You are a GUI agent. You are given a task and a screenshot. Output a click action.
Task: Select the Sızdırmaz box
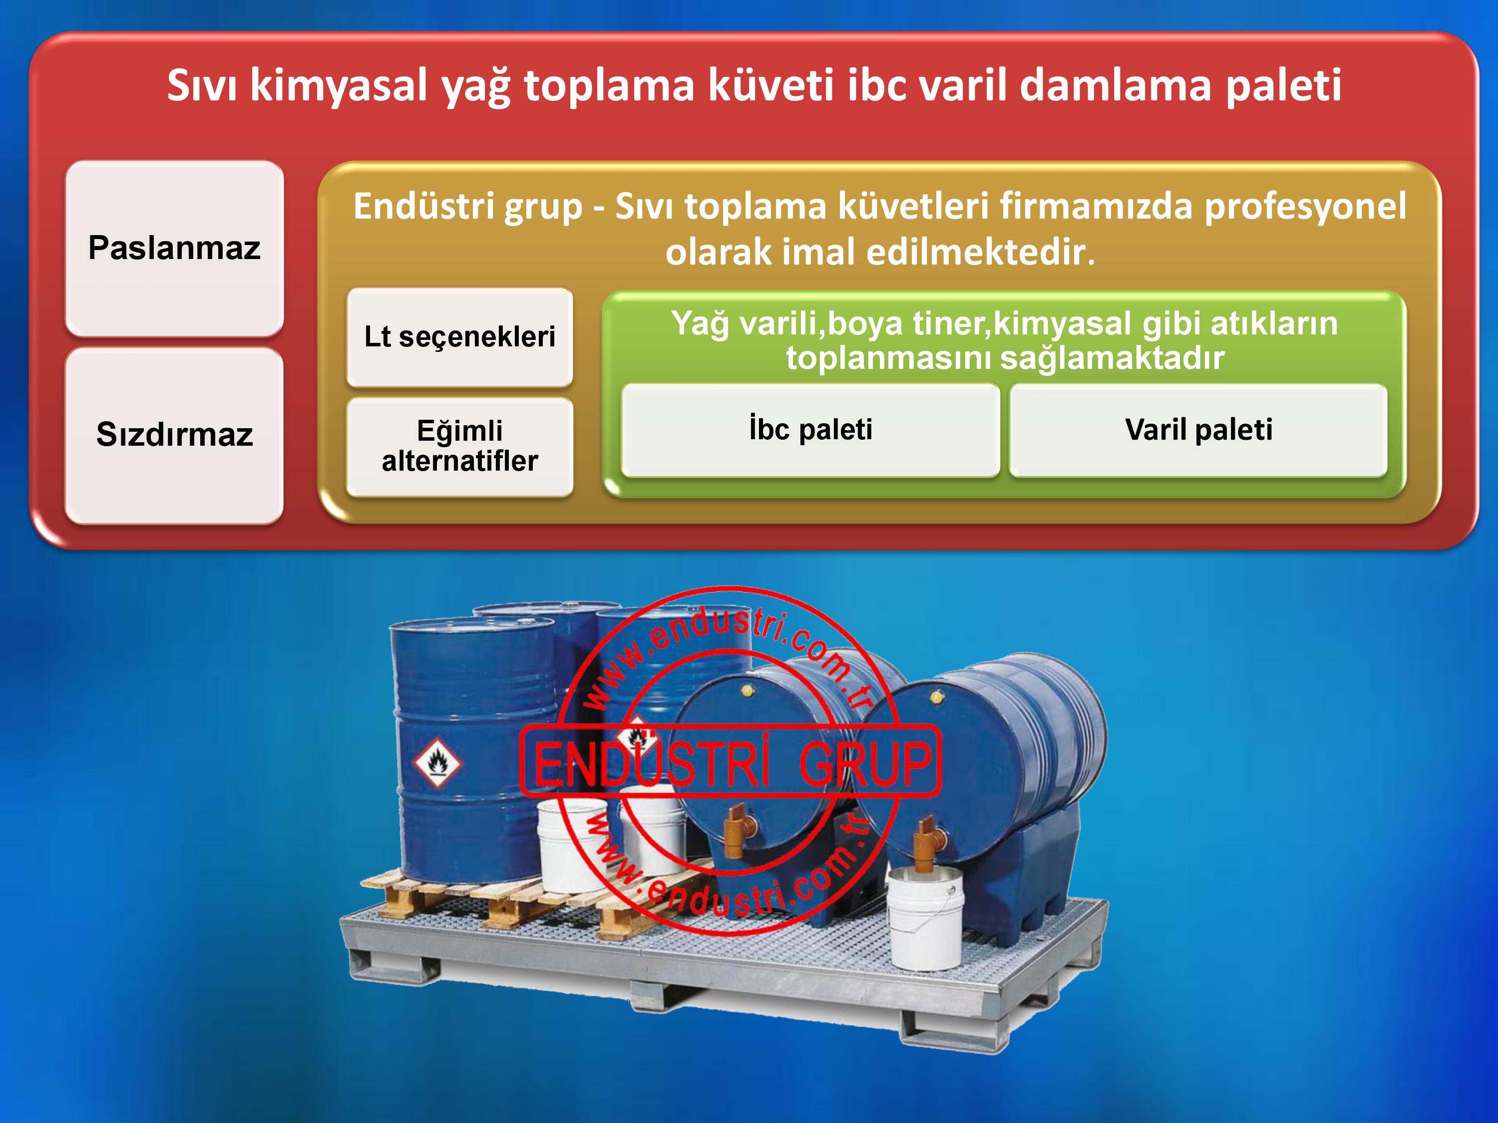pyautogui.click(x=174, y=435)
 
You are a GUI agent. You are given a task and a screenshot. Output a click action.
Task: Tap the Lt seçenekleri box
pyautogui.click(x=460, y=337)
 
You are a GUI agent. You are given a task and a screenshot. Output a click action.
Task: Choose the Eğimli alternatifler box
pyautogui.click(x=460, y=447)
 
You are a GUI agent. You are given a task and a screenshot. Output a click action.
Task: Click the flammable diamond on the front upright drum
pyautogui.click(x=437, y=763)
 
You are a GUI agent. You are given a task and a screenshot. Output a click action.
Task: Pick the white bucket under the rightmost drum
pyautogui.click(x=926, y=917)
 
